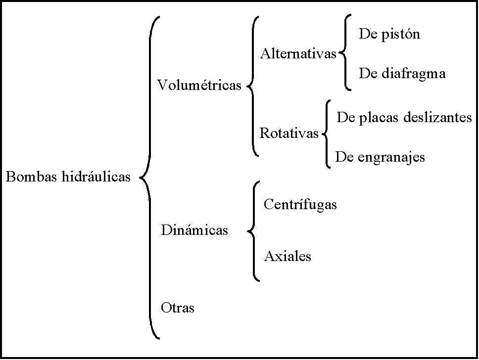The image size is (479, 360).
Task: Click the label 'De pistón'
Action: (389, 34)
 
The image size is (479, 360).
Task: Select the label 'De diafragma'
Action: (402, 74)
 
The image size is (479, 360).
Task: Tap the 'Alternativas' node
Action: (298, 53)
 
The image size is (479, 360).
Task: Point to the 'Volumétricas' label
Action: (199, 86)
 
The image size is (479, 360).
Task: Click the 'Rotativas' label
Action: (289, 133)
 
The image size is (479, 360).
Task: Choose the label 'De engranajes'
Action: (380, 157)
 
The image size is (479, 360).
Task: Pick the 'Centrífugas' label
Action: (300, 204)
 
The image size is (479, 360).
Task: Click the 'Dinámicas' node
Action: (194, 230)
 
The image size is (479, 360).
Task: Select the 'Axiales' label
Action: (287, 256)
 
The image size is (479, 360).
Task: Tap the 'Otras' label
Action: (178, 308)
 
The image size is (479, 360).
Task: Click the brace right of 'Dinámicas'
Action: (254, 231)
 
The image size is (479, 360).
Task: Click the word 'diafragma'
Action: (414, 74)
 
